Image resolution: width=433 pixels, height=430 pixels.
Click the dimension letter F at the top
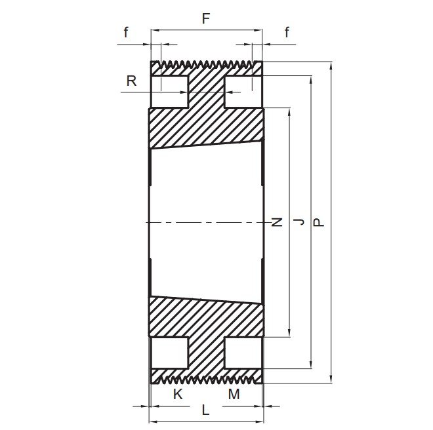pyautogui.click(x=206, y=19)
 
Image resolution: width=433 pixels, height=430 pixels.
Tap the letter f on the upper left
pyautogui.click(x=126, y=32)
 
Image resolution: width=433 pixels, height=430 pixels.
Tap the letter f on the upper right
pyautogui.click(x=287, y=32)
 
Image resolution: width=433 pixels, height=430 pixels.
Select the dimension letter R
pyautogui.click(x=131, y=81)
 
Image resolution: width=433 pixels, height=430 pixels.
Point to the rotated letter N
pyautogui.click(x=277, y=222)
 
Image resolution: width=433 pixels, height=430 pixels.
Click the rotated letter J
pyautogui.click(x=299, y=222)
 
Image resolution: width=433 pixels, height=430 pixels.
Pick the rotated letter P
pyautogui.click(x=319, y=222)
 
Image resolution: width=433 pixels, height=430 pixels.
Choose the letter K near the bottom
pyautogui.click(x=178, y=394)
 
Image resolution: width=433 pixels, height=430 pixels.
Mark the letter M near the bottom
pyautogui.click(x=234, y=394)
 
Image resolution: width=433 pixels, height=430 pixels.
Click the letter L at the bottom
pyautogui.click(x=205, y=410)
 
